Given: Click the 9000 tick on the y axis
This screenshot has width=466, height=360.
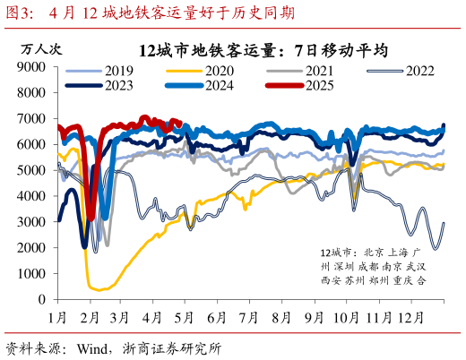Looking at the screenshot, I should point(34,67).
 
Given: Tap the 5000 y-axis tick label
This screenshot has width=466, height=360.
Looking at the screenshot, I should point(34,170).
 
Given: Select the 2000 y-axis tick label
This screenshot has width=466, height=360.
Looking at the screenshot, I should point(34,247).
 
